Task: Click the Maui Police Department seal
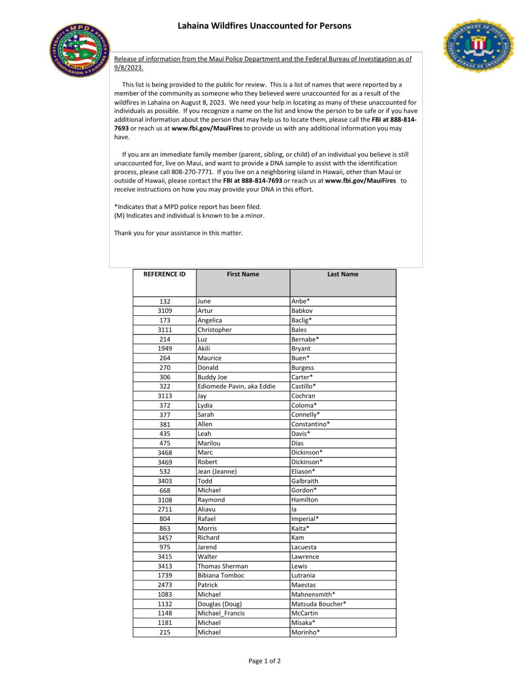(x=80, y=50)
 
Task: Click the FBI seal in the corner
(x=478, y=45)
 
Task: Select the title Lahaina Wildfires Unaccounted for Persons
(x=264, y=26)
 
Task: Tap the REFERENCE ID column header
(x=164, y=274)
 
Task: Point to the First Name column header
(x=243, y=274)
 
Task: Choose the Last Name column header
(x=343, y=274)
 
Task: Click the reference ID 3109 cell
(x=165, y=311)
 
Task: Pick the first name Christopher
(x=215, y=330)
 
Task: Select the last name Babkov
(x=302, y=311)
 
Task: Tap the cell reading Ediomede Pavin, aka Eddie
(x=236, y=386)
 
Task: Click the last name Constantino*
(x=310, y=424)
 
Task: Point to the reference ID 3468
(x=165, y=452)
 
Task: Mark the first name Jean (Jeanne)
(x=217, y=472)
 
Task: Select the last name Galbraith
(x=305, y=481)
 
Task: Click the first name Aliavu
(x=207, y=509)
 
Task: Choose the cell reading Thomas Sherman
(x=223, y=566)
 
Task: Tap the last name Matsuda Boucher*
(x=318, y=604)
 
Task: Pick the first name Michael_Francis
(x=221, y=613)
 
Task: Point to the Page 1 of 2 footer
(x=264, y=661)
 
